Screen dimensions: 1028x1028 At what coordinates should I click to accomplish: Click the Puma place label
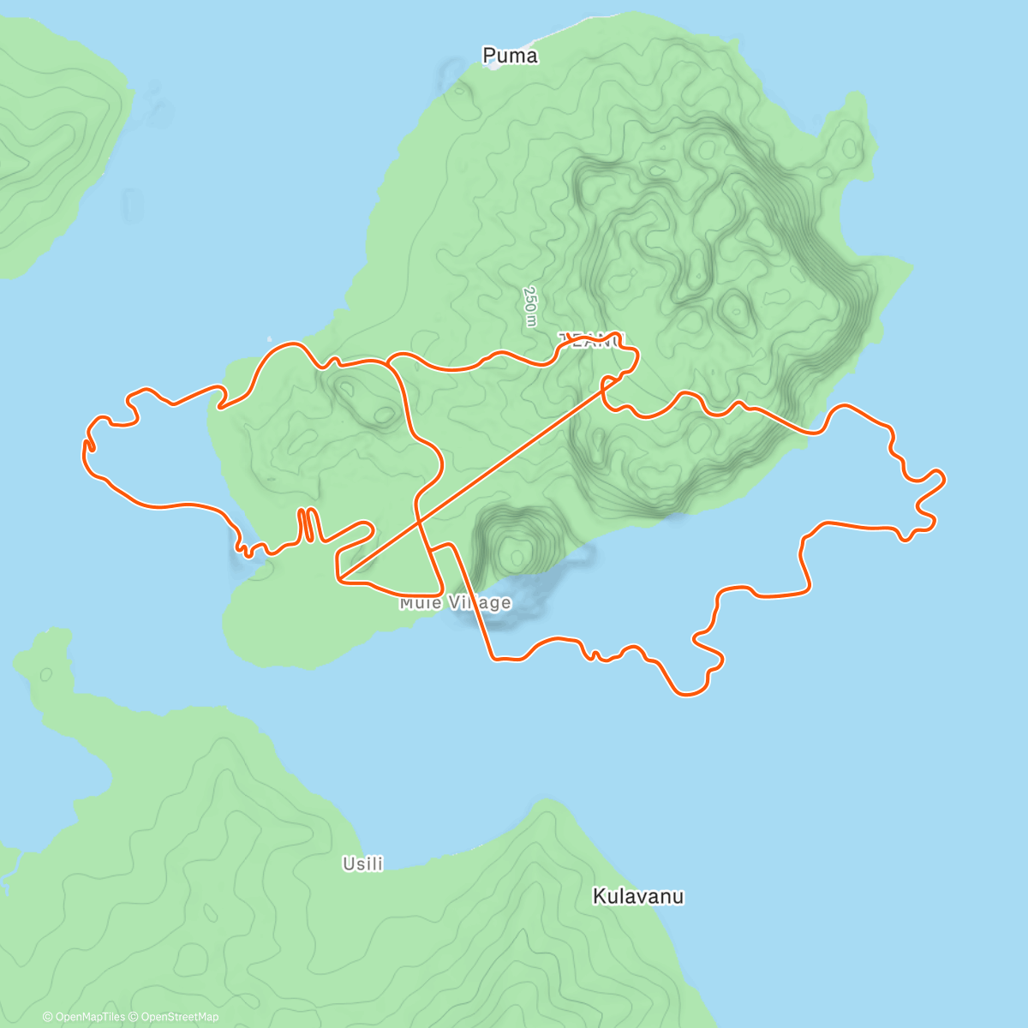(x=511, y=56)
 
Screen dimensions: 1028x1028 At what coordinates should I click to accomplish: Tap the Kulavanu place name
(x=638, y=897)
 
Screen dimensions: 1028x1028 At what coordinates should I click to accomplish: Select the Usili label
(x=362, y=864)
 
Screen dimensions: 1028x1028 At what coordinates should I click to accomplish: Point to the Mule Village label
(x=455, y=603)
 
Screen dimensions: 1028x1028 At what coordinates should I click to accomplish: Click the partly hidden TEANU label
(x=591, y=340)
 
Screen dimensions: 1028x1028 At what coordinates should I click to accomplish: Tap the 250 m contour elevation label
(x=531, y=306)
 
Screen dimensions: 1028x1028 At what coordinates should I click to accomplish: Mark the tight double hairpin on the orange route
(x=308, y=523)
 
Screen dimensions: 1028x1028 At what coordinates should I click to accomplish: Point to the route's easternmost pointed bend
(x=943, y=478)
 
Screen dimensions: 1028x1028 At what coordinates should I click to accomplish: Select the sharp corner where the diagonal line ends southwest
(x=338, y=580)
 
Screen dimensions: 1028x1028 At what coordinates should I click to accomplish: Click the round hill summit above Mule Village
(x=517, y=556)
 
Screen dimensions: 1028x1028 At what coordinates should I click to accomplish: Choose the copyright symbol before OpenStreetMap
(x=135, y=1017)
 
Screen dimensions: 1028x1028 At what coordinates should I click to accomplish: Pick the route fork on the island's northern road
(x=390, y=363)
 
